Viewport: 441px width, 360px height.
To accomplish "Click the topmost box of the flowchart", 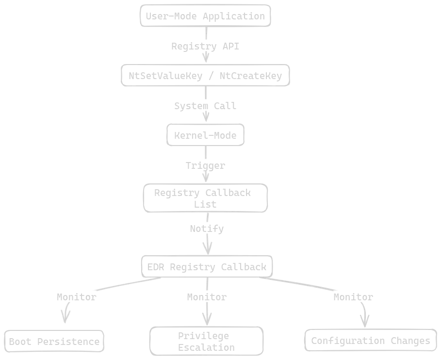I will tap(204, 15).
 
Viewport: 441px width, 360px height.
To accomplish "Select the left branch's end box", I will tap(55, 342).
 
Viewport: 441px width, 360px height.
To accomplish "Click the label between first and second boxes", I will tap(205, 47).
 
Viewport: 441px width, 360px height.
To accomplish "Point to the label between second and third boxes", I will tap(205, 106).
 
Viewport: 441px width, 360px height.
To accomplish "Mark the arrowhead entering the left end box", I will tap(65, 321).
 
